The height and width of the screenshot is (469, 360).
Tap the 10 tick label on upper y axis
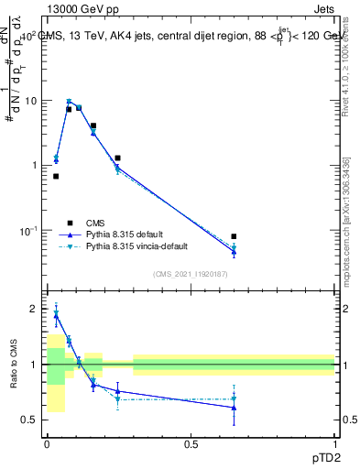click(x=30, y=101)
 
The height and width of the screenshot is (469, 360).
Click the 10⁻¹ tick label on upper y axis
click(x=28, y=229)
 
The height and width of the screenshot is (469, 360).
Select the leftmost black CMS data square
click(x=56, y=176)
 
